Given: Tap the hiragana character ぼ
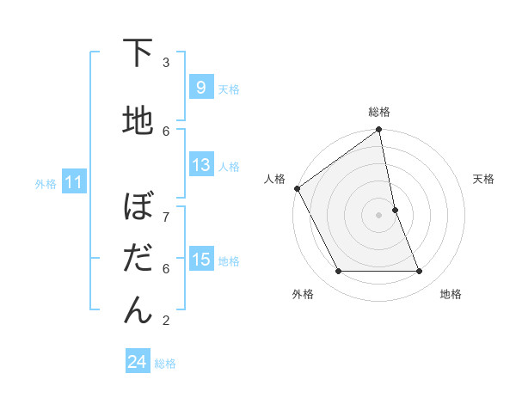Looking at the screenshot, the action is pos(138,207).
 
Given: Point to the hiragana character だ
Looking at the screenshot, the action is pos(138,259).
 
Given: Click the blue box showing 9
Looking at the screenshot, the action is pos(200,88).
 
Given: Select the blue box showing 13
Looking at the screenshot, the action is pos(200,165).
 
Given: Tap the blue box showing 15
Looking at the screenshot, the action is pos(200,260).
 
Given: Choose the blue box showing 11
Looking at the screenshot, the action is pos(73,182).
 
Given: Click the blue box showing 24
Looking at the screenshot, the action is pos(137,362).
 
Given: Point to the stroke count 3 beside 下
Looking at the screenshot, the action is pos(166,63).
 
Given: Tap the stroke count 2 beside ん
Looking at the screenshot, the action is pos(166,321).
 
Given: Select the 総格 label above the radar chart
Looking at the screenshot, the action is pos(379,112).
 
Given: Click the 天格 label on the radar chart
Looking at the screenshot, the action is pos(483,179).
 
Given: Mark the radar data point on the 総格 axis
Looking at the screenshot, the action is pos(379,131).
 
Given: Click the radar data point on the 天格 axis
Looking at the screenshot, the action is pos(395,210).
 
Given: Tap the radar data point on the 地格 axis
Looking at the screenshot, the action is pos(420,272).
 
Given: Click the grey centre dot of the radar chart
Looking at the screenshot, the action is pos(379,215).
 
